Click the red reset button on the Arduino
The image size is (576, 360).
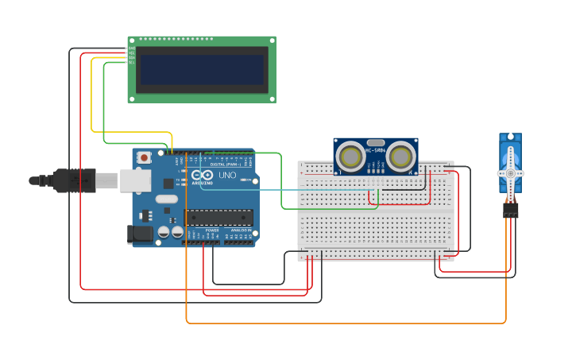click(144, 157)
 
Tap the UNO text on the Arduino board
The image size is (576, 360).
click(227, 175)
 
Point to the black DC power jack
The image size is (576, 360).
click(140, 234)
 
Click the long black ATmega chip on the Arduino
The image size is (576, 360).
click(219, 217)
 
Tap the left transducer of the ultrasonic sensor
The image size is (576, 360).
click(350, 157)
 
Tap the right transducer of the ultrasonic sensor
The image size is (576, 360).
click(401, 157)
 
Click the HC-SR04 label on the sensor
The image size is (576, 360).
click(376, 150)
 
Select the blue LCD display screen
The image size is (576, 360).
click(202, 69)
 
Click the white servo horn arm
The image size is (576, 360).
click(510, 172)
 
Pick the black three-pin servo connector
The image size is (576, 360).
click(510, 210)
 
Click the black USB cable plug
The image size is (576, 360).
click(75, 180)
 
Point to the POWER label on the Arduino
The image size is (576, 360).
click(212, 230)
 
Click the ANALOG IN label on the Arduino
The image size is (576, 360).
click(240, 230)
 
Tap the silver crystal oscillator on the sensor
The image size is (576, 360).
click(376, 142)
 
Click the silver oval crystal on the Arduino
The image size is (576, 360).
click(172, 210)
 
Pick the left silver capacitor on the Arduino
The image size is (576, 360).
click(164, 232)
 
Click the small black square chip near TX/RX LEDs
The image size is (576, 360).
click(168, 184)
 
